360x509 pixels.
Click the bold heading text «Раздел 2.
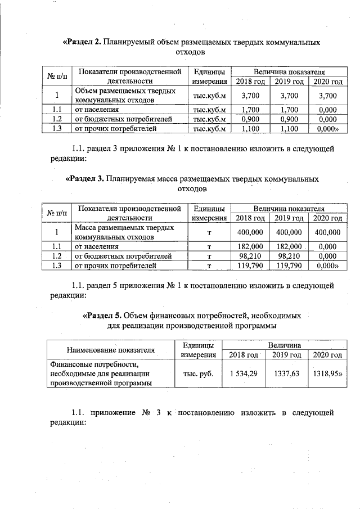tap(85, 42)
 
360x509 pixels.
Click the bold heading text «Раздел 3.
tap(85, 179)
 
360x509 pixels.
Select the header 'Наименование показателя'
tap(111, 350)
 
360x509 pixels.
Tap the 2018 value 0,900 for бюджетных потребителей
tap(250, 119)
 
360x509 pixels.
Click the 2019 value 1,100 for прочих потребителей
tap(289, 129)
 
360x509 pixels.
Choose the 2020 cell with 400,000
tap(327, 232)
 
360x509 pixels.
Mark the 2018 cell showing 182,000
tap(250, 246)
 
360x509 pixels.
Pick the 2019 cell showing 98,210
tap(289, 256)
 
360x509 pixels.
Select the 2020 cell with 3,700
tap(327, 96)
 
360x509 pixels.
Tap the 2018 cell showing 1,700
tap(250, 110)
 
